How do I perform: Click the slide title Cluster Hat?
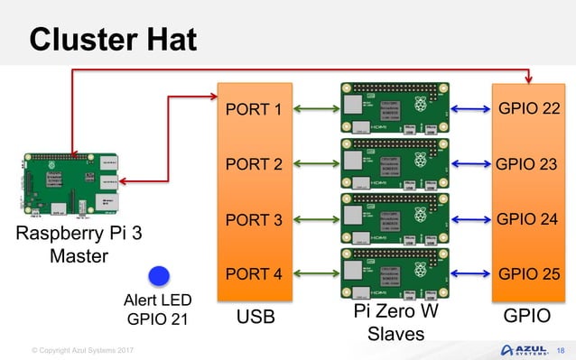click(113, 39)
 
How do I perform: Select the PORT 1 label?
click(254, 110)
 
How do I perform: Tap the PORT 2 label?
click(254, 165)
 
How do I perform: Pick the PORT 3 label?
click(254, 220)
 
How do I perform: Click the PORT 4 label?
click(254, 274)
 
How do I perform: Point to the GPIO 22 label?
click(528, 110)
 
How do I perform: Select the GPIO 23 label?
click(528, 165)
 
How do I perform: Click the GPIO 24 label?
click(528, 220)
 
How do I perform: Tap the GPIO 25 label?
click(528, 274)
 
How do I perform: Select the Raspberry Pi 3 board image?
click(70, 187)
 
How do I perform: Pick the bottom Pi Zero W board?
click(393, 274)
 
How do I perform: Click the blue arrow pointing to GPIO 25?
click(470, 274)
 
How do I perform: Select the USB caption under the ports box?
click(255, 318)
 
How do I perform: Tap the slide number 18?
click(561, 349)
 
